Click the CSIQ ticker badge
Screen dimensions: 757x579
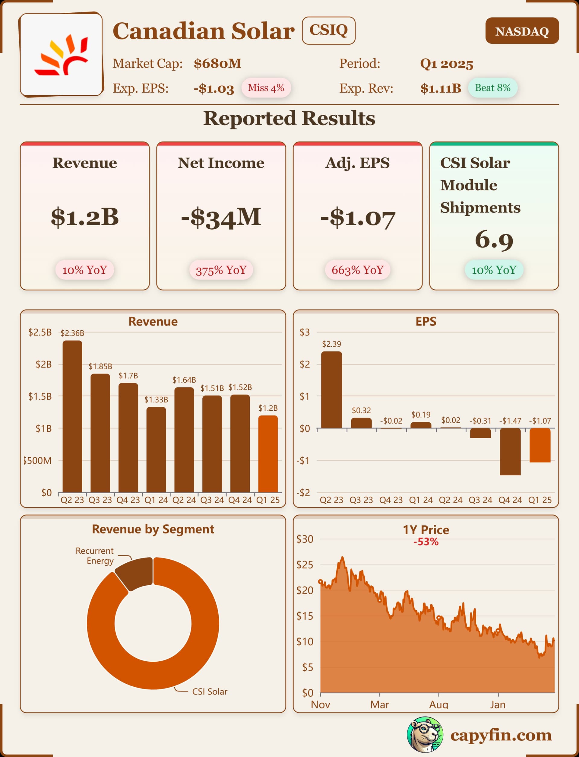pyautogui.click(x=328, y=30)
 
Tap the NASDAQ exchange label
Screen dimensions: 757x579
pyautogui.click(x=522, y=31)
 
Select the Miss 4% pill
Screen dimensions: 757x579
pyautogui.click(x=266, y=88)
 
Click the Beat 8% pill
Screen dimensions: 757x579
pyautogui.click(x=492, y=88)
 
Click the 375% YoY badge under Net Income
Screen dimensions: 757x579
pyautogui.click(x=221, y=270)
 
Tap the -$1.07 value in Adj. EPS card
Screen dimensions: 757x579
pyautogui.click(x=357, y=218)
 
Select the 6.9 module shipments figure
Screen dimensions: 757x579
pyautogui.click(x=494, y=240)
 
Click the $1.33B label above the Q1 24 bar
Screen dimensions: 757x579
pyautogui.click(x=156, y=399)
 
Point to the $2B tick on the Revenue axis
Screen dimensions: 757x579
pyautogui.click(x=44, y=364)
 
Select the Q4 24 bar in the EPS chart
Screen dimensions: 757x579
pyautogui.click(x=510, y=452)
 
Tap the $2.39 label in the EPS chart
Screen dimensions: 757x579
pyautogui.click(x=331, y=344)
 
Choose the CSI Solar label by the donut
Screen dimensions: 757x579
pyautogui.click(x=210, y=692)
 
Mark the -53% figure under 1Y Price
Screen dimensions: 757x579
pyautogui.click(x=426, y=542)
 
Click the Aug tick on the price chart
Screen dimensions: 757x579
pyautogui.click(x=438, y=704)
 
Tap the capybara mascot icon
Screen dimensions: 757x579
pyautogui.click(x=425, y=735)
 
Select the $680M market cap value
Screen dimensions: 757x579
pyautogui.click(x=217, y=64)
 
